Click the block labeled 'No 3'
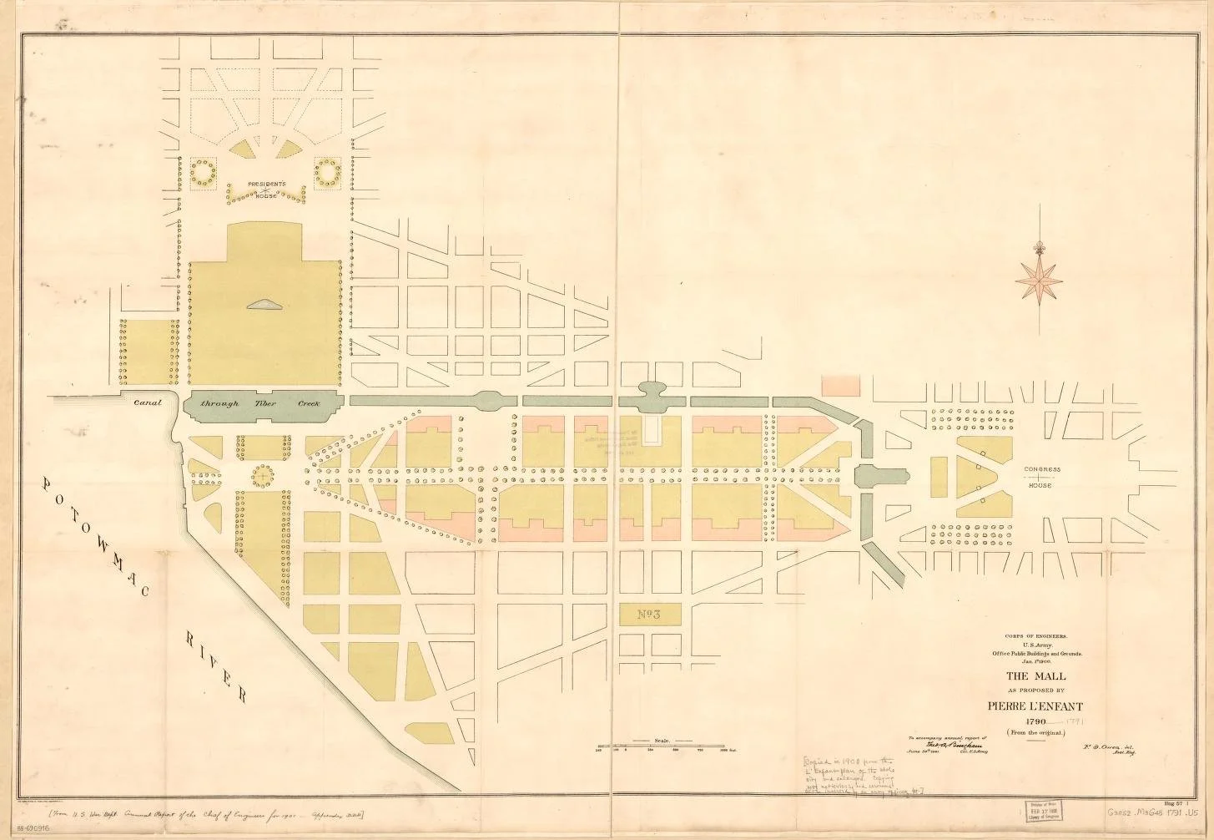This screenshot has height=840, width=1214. tap(649, 615)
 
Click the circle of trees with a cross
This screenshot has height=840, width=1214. tap(262, 476)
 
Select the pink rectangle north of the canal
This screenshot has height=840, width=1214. tap(840, 385)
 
